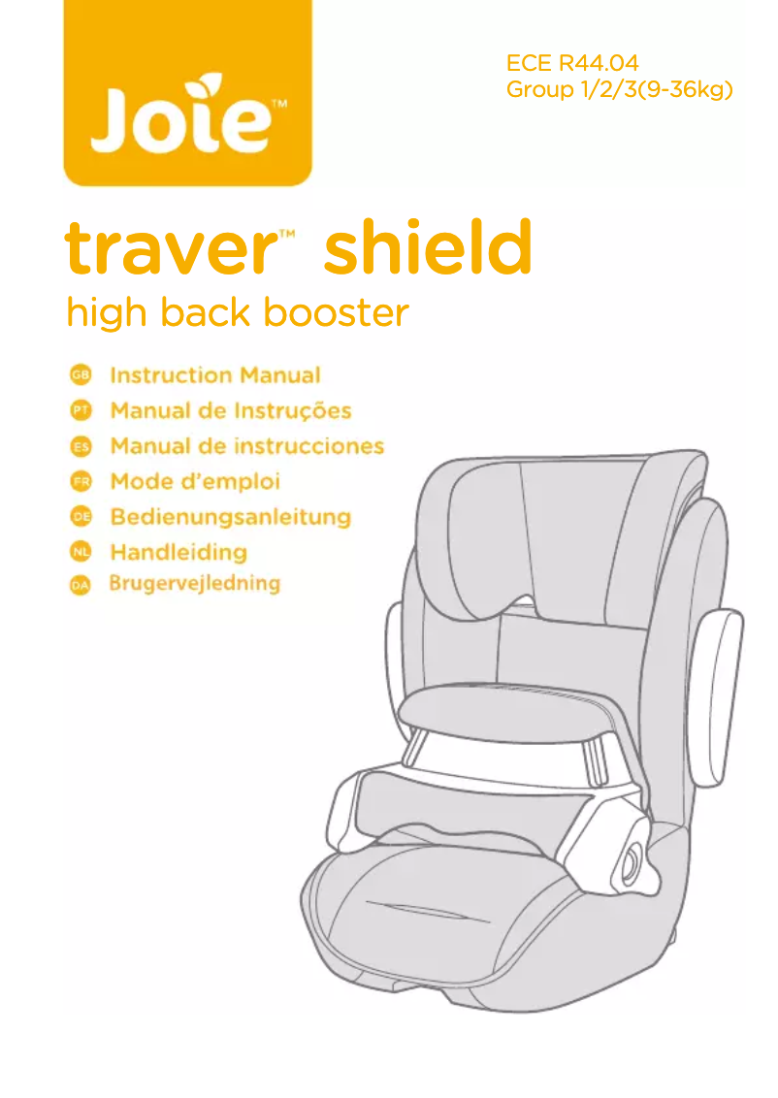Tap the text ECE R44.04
[x=572, y=64]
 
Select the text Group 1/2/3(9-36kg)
[x=619, y=91]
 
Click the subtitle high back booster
[x=237, y=313]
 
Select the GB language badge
[x=81, y=375]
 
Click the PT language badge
[x=81, y=411]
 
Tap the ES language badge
[x=81, y=446]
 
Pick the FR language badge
[x=81, y=481]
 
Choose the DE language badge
[x=81, y=517]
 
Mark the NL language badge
[x=81, y=552]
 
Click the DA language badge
[x=81, y=586]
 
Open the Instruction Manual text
[x=215, y=375]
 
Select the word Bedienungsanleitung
[x=231, y=517]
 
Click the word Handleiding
[x=178, y=552]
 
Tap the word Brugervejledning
[x=195, y=584]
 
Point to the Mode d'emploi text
[x=195, y=481]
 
